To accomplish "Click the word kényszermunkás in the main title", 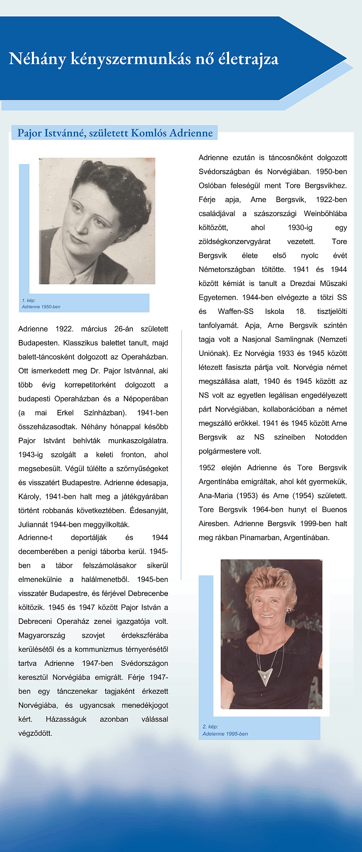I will (130, 59).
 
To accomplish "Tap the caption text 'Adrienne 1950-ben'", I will (41, 307).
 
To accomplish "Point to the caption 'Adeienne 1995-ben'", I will (225, 734).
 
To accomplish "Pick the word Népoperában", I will (146, 399).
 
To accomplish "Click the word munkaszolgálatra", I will (138, 441).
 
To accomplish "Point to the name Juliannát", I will (33, 524).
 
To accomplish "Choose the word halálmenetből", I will (105, 579).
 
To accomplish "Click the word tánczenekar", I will (77, 691).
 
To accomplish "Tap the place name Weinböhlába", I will (325, 214).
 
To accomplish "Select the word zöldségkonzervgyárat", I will (234, 242).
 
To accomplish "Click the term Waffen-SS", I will (235, 311).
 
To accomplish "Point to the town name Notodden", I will (331, 437).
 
